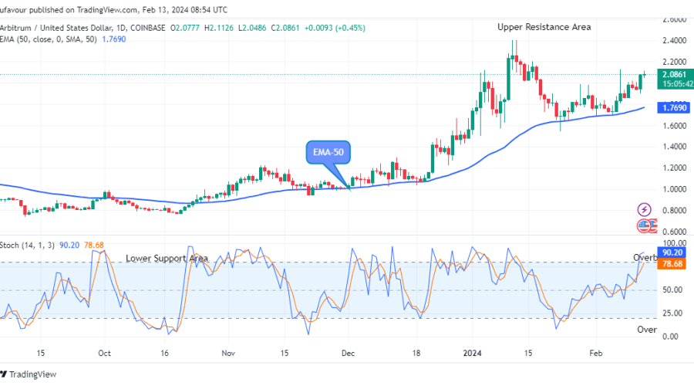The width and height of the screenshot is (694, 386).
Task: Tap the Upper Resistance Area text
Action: pyautogui.click(x=544, y=27)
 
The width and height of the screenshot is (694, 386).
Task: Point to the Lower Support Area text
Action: pyautogui.click(x=167, y=258)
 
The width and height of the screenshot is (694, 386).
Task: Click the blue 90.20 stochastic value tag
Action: pyautogui.click(x=672, y=252)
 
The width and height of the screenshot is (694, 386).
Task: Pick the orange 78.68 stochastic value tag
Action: pyautogui.click(x=672, y=264)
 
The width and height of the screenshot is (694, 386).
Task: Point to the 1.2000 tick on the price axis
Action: pyautogui.click(x=675, y=168)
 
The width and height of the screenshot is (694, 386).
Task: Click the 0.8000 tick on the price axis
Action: pyautogui.click(x=675, y=210)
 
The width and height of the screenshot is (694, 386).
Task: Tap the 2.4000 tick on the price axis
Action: pyautogui.click(x=675, y=40)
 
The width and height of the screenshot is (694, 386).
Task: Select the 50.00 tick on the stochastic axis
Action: pyautogui.click(x=671, y=290)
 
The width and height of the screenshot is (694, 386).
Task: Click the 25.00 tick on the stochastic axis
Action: pyautogui.click(x=671, y=313)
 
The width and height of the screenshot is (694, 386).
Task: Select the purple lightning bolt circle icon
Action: pyautogui.click(x=644, y=209)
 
